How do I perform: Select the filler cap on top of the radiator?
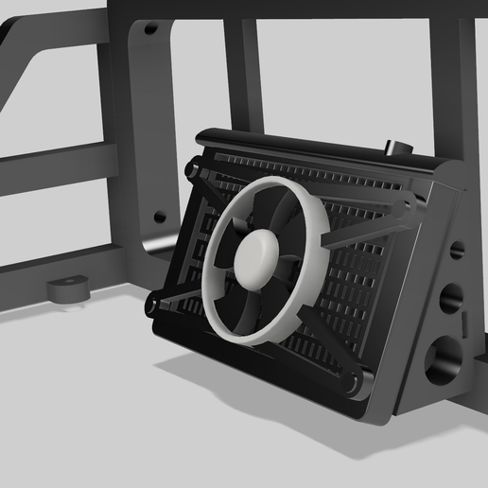396,148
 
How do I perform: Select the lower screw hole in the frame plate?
160,216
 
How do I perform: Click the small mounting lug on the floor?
68,288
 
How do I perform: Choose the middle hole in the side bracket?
450,298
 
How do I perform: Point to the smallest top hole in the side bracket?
457,251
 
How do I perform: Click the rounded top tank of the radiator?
312,151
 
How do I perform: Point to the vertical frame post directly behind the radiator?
242,76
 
